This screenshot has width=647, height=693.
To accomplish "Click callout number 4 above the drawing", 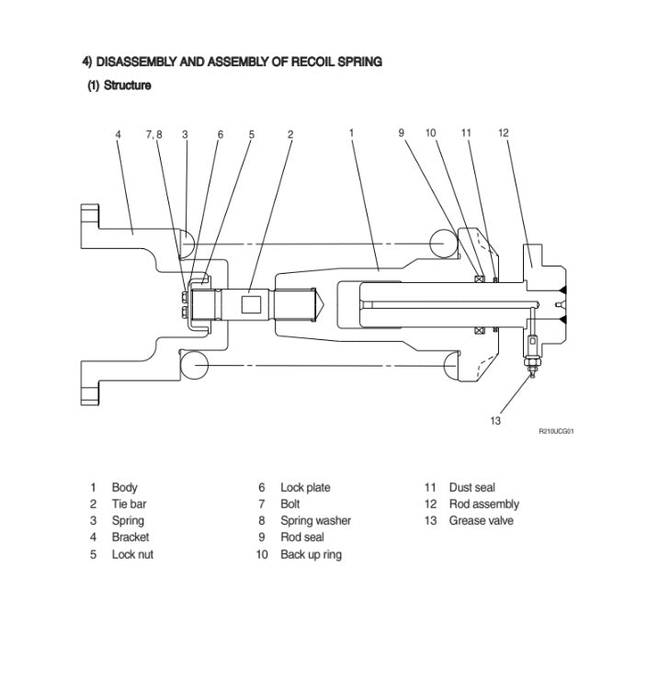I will pos(118,134).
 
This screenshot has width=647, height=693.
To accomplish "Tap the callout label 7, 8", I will pos(153,134).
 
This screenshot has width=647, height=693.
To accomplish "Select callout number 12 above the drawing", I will pos(504,133).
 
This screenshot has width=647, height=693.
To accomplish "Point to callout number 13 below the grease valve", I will pos(495,421).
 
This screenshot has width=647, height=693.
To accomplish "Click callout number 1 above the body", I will pos(351,133).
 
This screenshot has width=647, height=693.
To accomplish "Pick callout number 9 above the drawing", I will pos(402,133).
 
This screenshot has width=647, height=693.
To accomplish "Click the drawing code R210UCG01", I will pos(556,431).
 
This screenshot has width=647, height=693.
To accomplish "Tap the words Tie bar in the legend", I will pos(129,504).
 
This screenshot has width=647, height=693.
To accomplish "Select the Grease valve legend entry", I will pos(481,520).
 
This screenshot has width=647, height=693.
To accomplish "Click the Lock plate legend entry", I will pos(305,487).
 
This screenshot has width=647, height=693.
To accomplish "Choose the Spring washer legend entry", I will pos(315,520).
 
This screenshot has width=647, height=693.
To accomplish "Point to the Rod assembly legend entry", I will pos(483,504).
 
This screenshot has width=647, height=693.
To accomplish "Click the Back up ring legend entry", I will pos(311,554).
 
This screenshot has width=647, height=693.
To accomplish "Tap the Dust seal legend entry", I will pos(471,487).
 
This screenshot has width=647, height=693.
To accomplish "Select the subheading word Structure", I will pos(128,85).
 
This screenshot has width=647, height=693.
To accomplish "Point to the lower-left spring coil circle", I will pos(194,365).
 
